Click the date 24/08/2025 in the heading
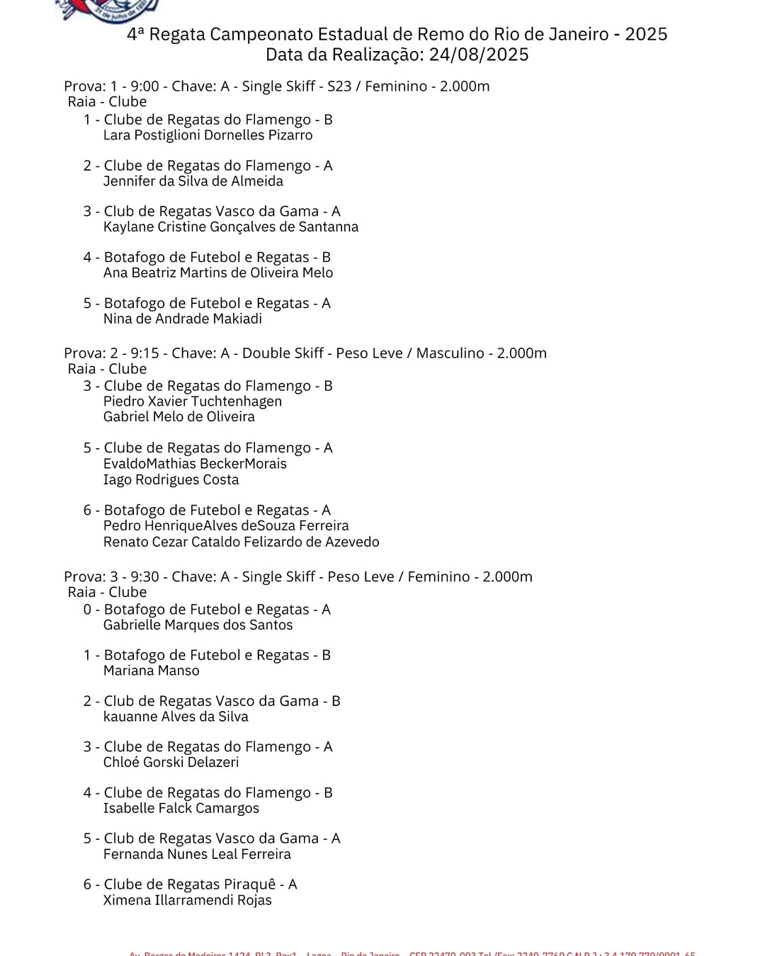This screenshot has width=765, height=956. pos(479,55)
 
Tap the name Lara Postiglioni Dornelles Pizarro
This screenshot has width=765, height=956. pos(208,135)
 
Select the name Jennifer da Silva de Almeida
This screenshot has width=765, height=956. pos(193,181)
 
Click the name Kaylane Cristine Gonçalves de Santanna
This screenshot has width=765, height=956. pos(231,227)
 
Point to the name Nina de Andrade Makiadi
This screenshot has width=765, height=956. pos(183,319)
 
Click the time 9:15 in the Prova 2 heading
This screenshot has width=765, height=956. pos(144,353)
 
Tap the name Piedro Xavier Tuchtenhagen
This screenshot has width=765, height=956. pos(193,402)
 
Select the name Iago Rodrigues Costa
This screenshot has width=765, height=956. pos(171,480)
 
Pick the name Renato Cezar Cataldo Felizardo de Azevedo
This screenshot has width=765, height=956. pos(242,542)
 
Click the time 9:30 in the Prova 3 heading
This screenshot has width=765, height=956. pos(144,577)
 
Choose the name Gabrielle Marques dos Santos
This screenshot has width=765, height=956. pos(198,625)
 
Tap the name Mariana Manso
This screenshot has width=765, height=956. pos(152,671)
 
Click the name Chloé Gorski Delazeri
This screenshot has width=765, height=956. pos(171,763)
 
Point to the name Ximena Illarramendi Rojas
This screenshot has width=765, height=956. pos(188,901)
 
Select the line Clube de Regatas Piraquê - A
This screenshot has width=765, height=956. pos(200,884)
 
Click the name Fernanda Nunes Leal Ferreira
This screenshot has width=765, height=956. pos(197,855)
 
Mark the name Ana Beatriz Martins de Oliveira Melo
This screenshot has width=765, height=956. pos(218,273)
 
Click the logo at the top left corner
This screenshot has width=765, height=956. pos(106,10)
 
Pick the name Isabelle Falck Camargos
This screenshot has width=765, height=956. pos(181,809)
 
